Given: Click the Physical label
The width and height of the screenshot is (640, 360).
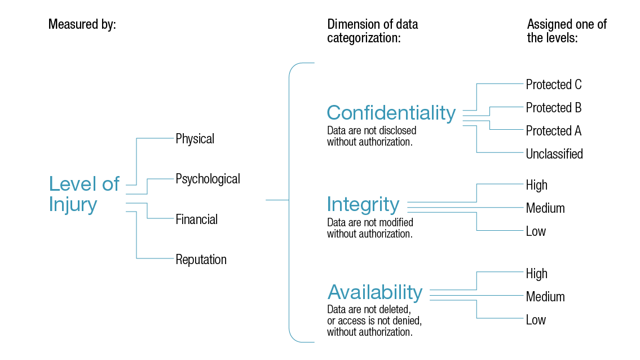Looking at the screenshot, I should [195, 139].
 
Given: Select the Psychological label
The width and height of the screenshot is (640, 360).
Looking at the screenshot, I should [208, 179].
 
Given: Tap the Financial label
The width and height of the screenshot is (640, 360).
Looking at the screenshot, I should [196, 219].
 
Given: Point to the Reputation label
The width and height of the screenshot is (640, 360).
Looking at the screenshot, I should [201, 260].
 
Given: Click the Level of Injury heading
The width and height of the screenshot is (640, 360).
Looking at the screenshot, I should [84, 194].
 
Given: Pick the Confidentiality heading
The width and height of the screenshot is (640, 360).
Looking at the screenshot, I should [391, 113].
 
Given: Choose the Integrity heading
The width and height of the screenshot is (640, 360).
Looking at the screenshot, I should [363, 204].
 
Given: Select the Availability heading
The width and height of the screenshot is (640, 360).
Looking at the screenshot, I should [375, 292].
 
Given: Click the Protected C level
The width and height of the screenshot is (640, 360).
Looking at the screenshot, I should [553, 85].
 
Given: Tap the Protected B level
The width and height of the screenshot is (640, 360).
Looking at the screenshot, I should [553, 108].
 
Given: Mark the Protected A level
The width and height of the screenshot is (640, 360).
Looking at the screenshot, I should [553, 131].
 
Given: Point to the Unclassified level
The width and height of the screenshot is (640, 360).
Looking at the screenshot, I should [554, 154].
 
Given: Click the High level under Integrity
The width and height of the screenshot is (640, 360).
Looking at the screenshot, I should [536, 185].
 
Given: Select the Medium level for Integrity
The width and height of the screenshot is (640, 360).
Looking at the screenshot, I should [545, 208].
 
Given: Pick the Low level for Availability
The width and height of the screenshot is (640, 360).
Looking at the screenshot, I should [536, 320].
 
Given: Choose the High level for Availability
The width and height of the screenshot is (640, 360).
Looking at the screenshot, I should [536, 274].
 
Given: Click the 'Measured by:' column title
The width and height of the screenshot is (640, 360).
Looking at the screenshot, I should [82, 25].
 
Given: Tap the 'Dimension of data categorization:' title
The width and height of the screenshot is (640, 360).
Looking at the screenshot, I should [373, 32].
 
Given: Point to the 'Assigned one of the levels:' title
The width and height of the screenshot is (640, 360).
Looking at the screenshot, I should [567, 32].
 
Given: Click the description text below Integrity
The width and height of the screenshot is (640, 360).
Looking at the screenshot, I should [370, 228].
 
